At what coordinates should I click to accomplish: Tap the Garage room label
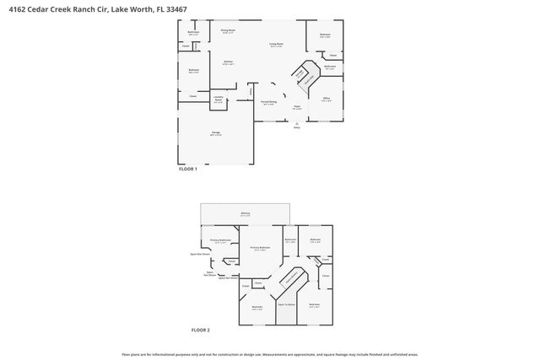215,135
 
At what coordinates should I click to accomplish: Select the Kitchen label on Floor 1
227,62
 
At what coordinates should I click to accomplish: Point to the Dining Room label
228,30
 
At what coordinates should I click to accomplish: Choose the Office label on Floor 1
326,99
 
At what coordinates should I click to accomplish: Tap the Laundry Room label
218,100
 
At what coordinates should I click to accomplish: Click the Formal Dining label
268,103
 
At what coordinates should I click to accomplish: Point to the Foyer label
297,107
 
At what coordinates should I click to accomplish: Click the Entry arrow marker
296,124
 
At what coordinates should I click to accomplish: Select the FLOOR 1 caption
187,169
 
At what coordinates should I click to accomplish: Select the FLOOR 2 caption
200,330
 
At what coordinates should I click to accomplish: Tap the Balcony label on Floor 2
246,214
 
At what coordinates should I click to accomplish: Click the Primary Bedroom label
258,249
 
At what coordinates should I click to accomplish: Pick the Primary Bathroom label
220,240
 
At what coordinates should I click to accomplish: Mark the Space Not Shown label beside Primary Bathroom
200,253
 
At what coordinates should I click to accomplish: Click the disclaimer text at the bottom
269,354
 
